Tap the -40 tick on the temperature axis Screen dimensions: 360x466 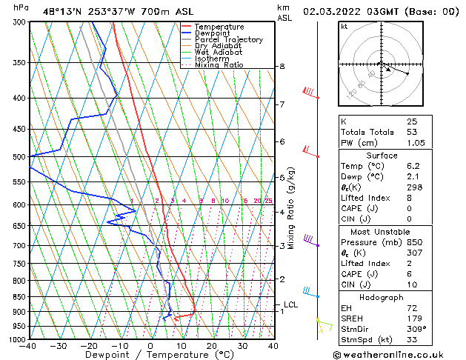pos(29,346)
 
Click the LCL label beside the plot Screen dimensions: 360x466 pos(291,304)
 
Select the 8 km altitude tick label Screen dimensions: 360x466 pos(282,67)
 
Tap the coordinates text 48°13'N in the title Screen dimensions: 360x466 pos(64,12)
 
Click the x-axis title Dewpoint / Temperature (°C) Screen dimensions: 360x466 pos(150,356)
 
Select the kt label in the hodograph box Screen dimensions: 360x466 pos(344,27)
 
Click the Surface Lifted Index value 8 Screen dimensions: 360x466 pos(409,198)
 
